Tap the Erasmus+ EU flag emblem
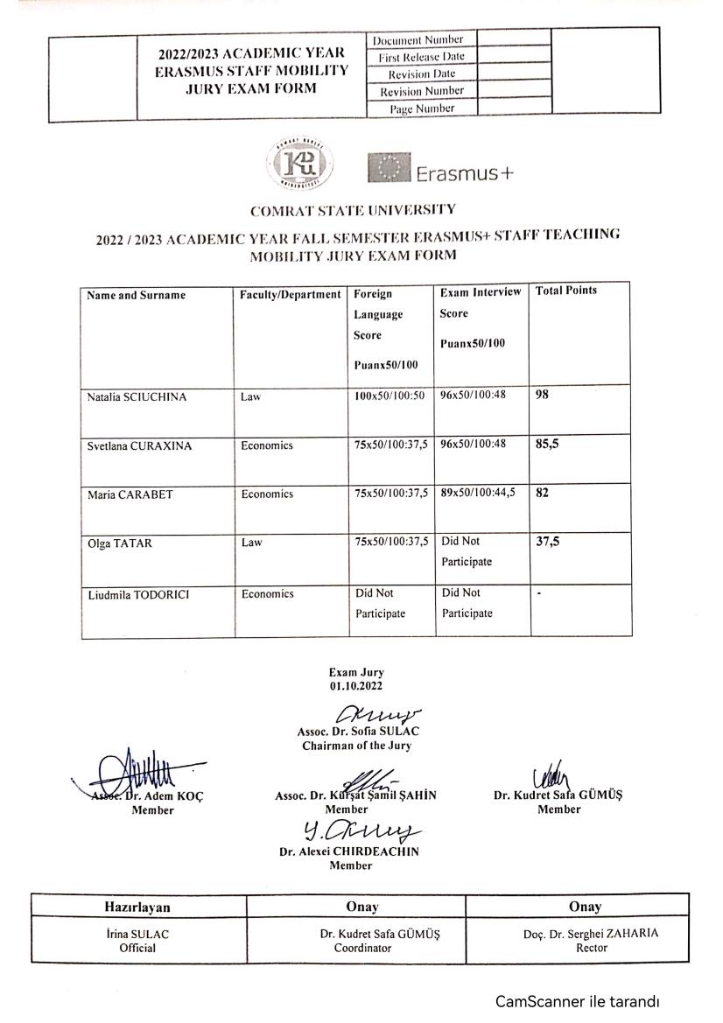click(x=389, y=169)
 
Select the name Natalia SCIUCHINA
click(x=137, y=397)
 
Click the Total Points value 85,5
click(x=547, y=444)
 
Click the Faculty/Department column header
click(x=290, y=295)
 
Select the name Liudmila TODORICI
click(x=139, y=595)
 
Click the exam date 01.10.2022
click(x=356, y=687)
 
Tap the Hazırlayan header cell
click(x=137, y=907)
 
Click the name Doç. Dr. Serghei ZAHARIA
click(x=585, y=934)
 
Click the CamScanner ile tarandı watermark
click(x=577, y=1001)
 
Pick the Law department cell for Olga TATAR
click(x=252, y=543)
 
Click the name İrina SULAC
click(x=137, y=934)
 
